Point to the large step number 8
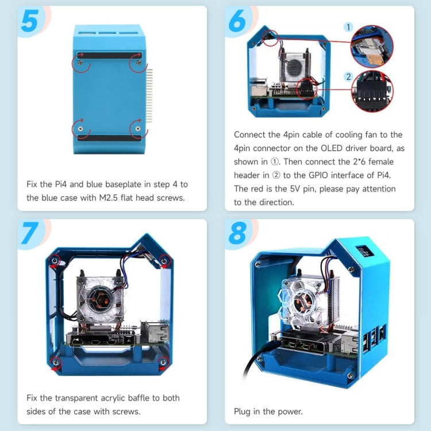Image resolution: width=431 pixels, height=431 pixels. tap(237, 233)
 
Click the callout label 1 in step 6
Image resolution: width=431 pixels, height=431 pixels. tap(348, 27)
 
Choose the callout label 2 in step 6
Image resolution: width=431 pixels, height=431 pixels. tap(348, 76)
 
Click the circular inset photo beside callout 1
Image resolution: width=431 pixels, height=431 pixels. tap(372, 47)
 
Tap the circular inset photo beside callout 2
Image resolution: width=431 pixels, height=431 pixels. tap(372, 90)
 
